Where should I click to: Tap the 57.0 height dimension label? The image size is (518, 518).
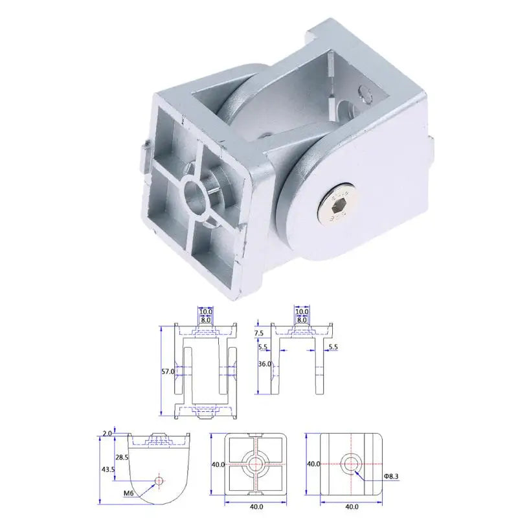[x=167, y=372]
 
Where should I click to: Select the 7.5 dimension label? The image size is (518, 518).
[x=259, y=332]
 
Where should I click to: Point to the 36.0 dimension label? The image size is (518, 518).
[x=264, y=364]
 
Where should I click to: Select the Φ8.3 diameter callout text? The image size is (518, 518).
[x=392, y=476]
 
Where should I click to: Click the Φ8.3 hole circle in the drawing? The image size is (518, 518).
[x=352, y=464]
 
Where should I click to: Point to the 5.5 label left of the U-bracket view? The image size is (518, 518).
[x=262, y=348]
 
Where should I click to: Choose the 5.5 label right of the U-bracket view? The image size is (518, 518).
[x=333, y=348]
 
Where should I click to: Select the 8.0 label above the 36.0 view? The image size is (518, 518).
[x=301, y=320]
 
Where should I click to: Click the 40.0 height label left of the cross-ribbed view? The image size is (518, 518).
[x=218, y=464]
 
